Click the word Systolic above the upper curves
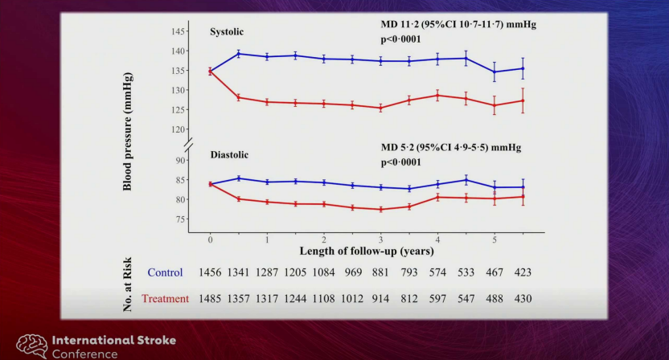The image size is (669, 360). coord(227,32)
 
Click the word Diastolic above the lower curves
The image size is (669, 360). coord(229,154)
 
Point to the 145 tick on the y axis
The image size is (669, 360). coord(178,31)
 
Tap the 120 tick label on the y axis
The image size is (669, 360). coord(178,129)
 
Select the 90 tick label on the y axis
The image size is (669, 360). coord(180,161)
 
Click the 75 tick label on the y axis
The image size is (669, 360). coord(180,219)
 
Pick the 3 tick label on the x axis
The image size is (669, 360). coord(380,240)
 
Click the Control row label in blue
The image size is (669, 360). coord(165,273)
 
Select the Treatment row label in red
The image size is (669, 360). coord(165,299)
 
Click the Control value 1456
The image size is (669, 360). coord(210,273)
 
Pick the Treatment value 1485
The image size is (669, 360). coord(210,299)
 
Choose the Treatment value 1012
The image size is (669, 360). coord(351,299)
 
